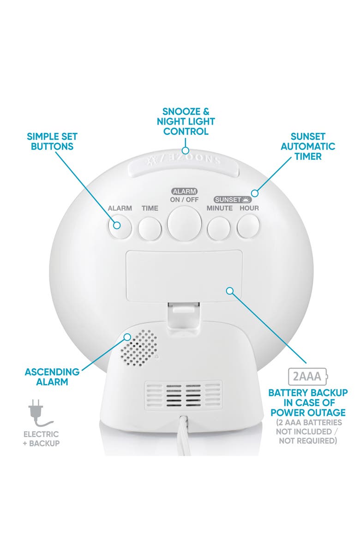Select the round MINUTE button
(x=219, y=227)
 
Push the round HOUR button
(x=249, y=226)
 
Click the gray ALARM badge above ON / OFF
(x=184, y=191)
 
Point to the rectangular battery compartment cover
(x=184, y=276)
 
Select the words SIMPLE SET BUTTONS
(x=52, y=141)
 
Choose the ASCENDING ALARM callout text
(x=52, y=376)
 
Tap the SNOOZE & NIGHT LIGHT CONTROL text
(x=186, y=121)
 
